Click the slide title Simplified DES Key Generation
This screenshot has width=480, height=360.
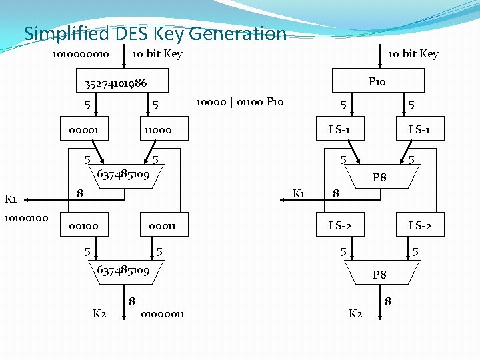[155, 33]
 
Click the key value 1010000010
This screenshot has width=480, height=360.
[81, 53]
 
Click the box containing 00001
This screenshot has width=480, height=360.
[83, 129]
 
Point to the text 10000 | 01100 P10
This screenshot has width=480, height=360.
[239, 101]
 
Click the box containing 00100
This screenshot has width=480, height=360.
[83, 226]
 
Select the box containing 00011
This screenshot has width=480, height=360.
[162, 226]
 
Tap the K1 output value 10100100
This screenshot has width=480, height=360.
[26, 217]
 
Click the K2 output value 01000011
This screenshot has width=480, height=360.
[163, 313]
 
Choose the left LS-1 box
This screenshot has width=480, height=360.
[339, 129]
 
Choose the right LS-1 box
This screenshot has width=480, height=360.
[418, 129]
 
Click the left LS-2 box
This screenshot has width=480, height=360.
[339, 226]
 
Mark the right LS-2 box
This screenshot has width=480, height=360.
[419, 226]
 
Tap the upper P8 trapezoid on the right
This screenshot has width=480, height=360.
[379, 177]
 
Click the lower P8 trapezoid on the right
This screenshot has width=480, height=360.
[379, 273]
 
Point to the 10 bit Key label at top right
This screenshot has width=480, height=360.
[413, 53]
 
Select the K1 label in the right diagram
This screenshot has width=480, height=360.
[299, 193]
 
